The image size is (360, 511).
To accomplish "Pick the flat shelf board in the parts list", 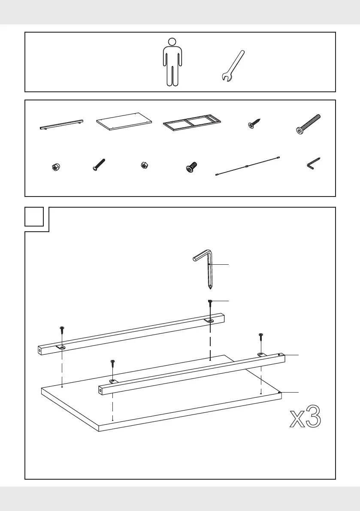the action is [124, 121].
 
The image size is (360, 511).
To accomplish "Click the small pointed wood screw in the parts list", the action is [254, 124].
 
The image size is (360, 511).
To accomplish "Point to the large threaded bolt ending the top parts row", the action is [308, 124].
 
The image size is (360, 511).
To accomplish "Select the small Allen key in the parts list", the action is [313, 163].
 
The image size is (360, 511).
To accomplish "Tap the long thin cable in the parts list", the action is [248, 166].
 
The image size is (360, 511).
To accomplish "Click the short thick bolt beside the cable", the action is [191, 167].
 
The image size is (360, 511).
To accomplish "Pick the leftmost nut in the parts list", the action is [56, 167].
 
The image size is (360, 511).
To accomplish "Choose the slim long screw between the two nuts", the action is [99, 165].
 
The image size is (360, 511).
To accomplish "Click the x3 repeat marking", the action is [305, 417].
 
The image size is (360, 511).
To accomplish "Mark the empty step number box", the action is [34, 216].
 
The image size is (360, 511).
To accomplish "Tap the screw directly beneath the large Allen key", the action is [210, 307].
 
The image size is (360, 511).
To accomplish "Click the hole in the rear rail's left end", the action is [40, 351].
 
